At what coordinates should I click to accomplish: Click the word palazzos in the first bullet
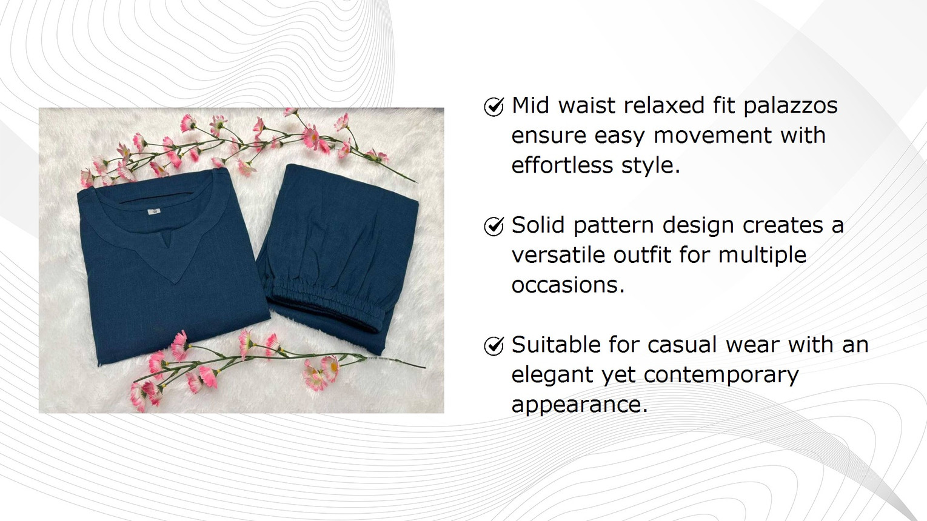(x=791, y=106)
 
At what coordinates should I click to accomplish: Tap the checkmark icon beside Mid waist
(x=494, y=107)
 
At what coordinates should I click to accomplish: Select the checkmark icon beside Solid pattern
(x=494, y=226)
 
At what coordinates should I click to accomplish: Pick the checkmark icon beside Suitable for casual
(x=494, y=346)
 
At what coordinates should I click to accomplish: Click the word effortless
(x=562, y=165)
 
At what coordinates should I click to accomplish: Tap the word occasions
(x=568, y=285)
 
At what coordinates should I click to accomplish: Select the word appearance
(x=580, y=405)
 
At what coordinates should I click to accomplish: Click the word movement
(x=712, y=135)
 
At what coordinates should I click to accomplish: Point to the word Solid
(x=538, y=225)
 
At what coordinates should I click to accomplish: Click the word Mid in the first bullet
(x=530, y=105)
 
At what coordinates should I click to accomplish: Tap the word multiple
(x=762, y=255)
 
